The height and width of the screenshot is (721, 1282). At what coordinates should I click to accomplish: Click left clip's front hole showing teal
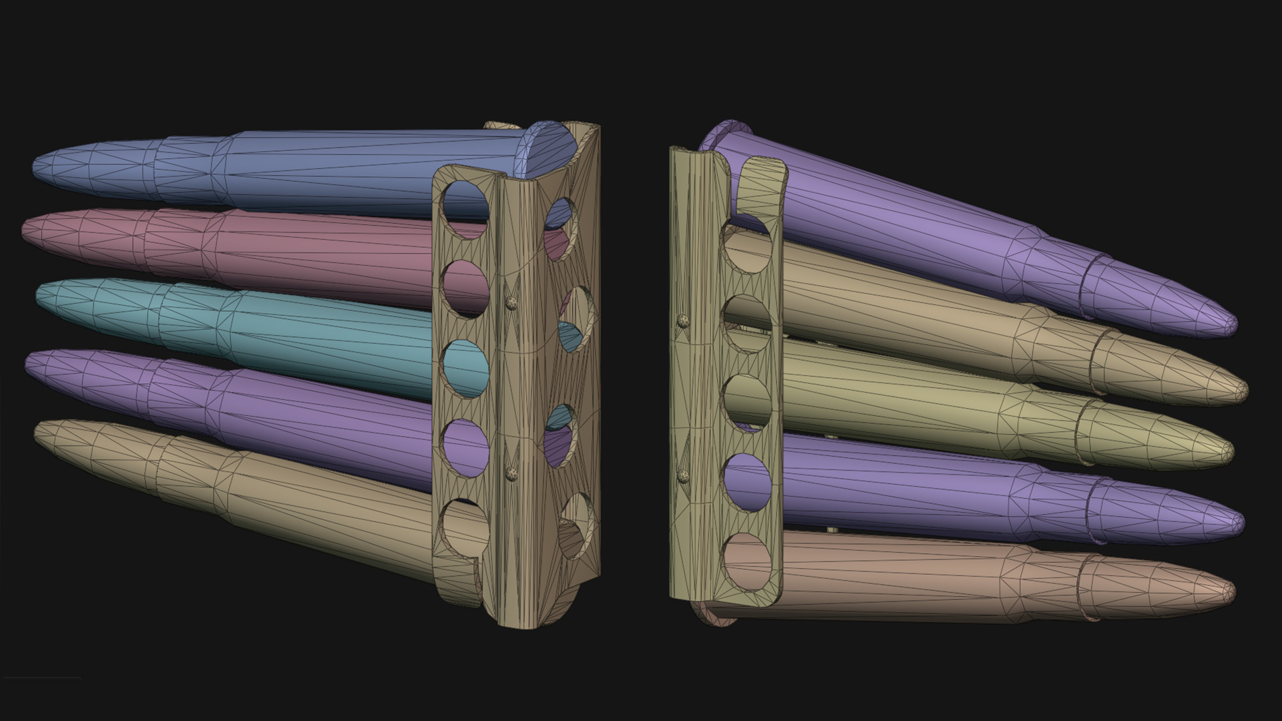point(465,369)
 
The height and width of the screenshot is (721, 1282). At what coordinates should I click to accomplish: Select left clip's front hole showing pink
point(467,288)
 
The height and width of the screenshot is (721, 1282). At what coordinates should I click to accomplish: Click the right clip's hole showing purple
point(747,479)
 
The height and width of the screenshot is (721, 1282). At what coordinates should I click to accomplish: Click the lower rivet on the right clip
point(683,475)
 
